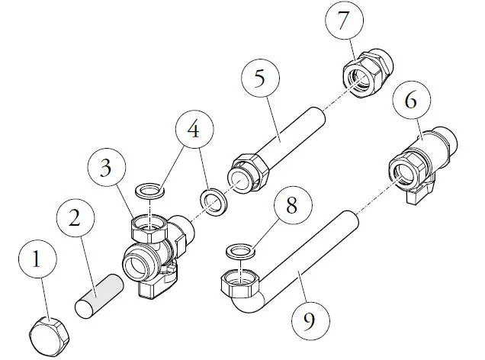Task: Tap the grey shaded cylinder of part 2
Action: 99,297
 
